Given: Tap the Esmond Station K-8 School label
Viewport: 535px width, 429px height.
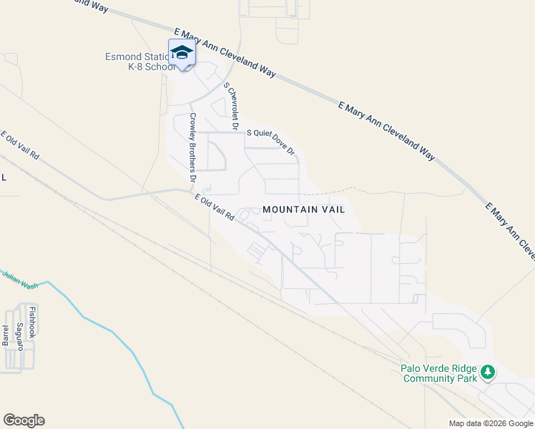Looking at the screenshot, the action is [140, 61].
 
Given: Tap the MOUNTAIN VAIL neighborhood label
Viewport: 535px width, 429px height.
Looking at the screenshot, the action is [303, 209].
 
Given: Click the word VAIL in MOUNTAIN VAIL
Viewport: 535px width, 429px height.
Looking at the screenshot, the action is [332, 209].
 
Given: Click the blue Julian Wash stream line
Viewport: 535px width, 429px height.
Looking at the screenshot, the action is [107, 330].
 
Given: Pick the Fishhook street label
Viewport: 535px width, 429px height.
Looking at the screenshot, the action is [32, 321].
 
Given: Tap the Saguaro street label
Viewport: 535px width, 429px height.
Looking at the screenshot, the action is [20, 336].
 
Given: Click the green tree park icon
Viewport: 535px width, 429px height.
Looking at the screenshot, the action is [487, 372].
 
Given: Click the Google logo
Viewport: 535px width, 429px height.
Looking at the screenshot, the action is [24, 420].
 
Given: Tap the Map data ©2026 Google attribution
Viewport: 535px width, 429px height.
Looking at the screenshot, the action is [491, 423].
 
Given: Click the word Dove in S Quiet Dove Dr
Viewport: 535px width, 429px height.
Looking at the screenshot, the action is [279, 142].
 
